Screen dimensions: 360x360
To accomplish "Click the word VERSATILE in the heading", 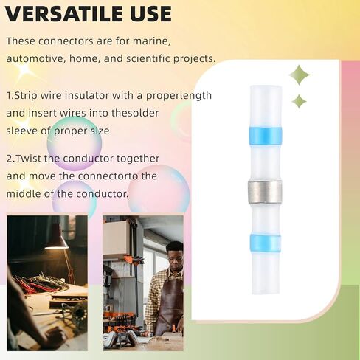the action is coord(63,14).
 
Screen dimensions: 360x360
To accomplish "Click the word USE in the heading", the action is coord(150,14).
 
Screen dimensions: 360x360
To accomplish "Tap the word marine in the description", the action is coord(152,41).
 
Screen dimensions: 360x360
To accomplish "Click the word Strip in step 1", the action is coord(26,95).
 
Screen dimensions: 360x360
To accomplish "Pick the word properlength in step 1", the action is coord(179,96).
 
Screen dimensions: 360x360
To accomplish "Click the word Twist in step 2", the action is coord(29,159).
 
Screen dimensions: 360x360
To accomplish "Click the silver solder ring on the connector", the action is coord(265,191).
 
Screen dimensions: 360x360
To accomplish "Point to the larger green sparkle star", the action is coord(299,75).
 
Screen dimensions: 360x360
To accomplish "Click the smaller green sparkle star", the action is coord(299,101).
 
